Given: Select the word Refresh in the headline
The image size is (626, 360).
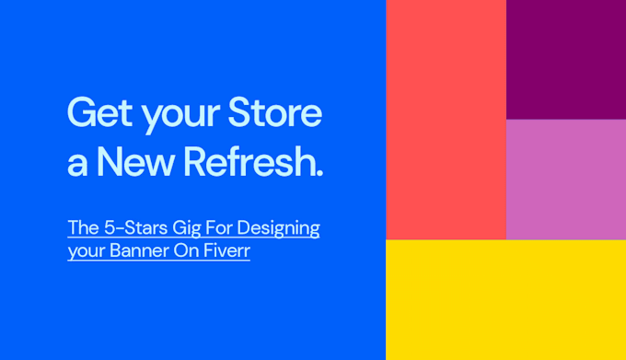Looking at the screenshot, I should [249, 162].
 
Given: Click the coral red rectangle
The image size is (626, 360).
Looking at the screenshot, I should [446, 120].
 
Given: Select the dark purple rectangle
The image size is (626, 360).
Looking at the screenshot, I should [565, 59].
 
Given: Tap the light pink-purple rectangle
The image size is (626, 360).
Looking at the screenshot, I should [565, 180].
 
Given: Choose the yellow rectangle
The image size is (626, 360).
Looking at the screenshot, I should [505, 299].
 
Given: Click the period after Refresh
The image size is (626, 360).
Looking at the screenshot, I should [319, 173].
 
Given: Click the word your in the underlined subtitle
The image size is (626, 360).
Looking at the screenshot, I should [83, 252].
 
